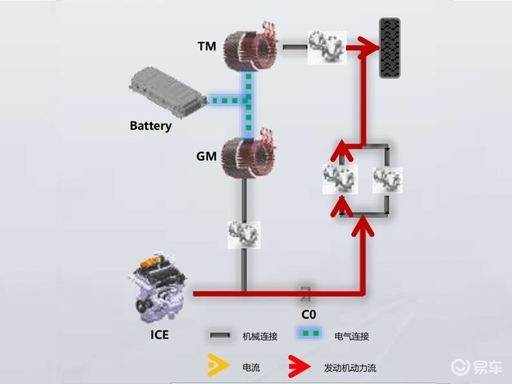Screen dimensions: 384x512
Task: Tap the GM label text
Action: click(206, 154)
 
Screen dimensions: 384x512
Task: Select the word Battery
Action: click(151, 126)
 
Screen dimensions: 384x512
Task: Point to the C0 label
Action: click(307, 313)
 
